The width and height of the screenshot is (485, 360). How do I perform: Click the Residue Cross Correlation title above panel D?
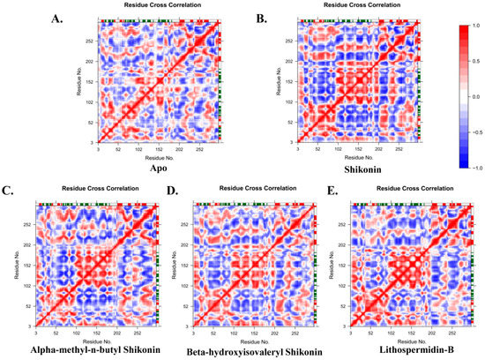point(257,189)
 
